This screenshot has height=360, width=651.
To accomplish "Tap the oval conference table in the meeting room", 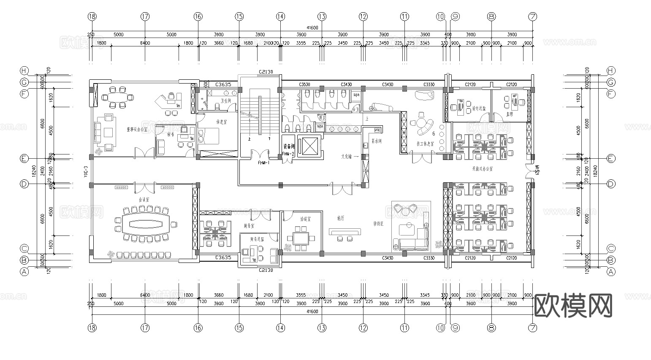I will coord(145,223).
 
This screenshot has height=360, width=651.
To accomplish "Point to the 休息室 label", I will coord(221,122).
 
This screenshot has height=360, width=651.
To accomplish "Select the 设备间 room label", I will coord(289,146).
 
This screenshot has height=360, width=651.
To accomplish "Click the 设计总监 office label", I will coord(478,108).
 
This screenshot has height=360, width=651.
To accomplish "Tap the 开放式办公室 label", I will coord(482,168).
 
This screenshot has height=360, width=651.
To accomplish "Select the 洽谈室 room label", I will coord(305,219).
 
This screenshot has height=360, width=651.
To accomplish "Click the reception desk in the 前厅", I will coord(345,231).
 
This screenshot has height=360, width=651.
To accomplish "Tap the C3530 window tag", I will coord(304,84).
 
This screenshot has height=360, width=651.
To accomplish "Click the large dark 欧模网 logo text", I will coord(573,306).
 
